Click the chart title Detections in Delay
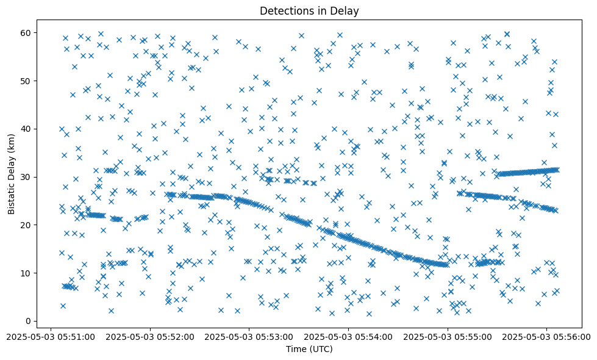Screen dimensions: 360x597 click(309, 10)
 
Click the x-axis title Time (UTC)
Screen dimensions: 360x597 click(309, 349)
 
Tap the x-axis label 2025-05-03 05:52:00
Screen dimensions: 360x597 click(151, 336)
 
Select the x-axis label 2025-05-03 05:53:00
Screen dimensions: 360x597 click(249, 336)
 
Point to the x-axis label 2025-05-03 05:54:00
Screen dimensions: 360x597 click(348, 336)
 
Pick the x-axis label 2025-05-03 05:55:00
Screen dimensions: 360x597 click(448, 336)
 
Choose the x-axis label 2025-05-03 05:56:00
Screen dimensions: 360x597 click(546, 336)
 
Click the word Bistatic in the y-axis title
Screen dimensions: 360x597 click(12, 196)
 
